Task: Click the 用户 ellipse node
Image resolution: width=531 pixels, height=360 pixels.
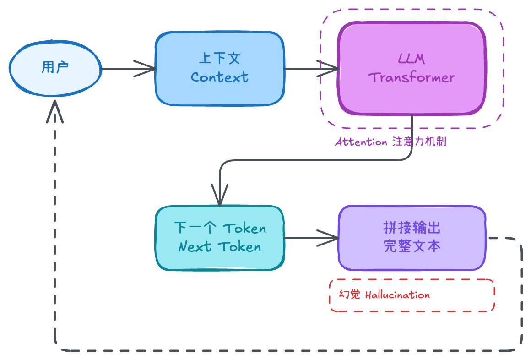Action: pyautogui.click(x=27, y=69)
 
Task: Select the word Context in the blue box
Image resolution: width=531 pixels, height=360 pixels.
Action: pyautogui.click(x=220, y=77)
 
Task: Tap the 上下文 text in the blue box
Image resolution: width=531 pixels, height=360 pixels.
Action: pyautogui.click(x=220, y=59)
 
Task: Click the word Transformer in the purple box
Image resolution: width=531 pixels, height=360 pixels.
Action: pyautogui.click(x=412, y=77)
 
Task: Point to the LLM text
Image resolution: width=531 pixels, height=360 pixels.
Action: pyautogui.click(x=412, y=59)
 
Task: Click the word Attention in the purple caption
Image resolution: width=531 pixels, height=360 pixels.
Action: pyautogui.click(x=361, y=142)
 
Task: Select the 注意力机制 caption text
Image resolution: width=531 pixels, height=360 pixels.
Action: pyautogui.click(x=419, y=142)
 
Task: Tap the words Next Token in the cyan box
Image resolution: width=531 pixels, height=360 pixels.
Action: pyautogui.click(x=220, y=247)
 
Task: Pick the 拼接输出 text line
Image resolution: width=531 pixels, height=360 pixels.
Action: pyautogui.click(x=412, y=228)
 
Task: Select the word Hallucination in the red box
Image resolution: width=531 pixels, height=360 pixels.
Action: pyautogui.click(x=397, y=295)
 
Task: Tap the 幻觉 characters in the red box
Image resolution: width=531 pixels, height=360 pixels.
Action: pyautogui.click(x=350, y=295)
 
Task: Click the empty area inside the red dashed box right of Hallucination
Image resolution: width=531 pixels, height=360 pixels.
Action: pyautogui.click(x=462, y=295)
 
